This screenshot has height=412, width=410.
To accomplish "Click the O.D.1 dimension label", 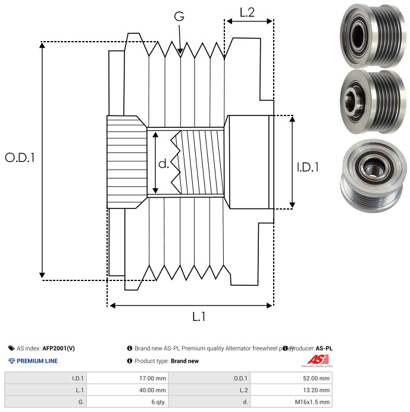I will coord(20,158).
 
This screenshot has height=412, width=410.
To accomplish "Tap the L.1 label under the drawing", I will coord(199,317).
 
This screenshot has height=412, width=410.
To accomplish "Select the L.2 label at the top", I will coord(247,12).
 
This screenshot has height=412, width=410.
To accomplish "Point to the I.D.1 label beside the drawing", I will coord(308,168).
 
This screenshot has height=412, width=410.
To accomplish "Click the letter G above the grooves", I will coord(179,17).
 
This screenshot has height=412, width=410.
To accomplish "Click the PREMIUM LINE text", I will coord(37,361).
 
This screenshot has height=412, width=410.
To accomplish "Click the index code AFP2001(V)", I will coord(59,348).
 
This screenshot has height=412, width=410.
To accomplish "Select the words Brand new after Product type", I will coord(184,361).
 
